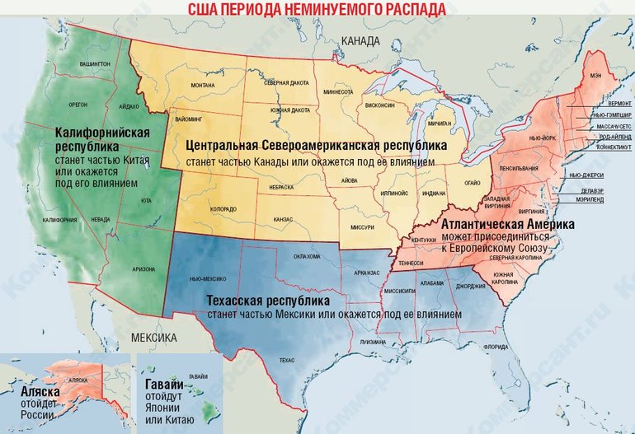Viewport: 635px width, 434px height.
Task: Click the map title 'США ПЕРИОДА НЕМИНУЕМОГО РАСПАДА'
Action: click(317, 9)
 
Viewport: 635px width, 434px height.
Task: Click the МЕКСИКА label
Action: click(154, 338)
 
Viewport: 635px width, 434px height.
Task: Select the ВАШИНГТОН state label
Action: click(96, 63)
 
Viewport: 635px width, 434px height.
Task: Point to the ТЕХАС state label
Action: click(287, 361)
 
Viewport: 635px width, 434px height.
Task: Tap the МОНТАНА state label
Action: click(202, 86)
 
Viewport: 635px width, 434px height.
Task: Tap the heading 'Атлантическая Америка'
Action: click(508, 223)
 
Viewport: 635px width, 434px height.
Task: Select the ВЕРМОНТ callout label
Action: click(614, 105)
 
